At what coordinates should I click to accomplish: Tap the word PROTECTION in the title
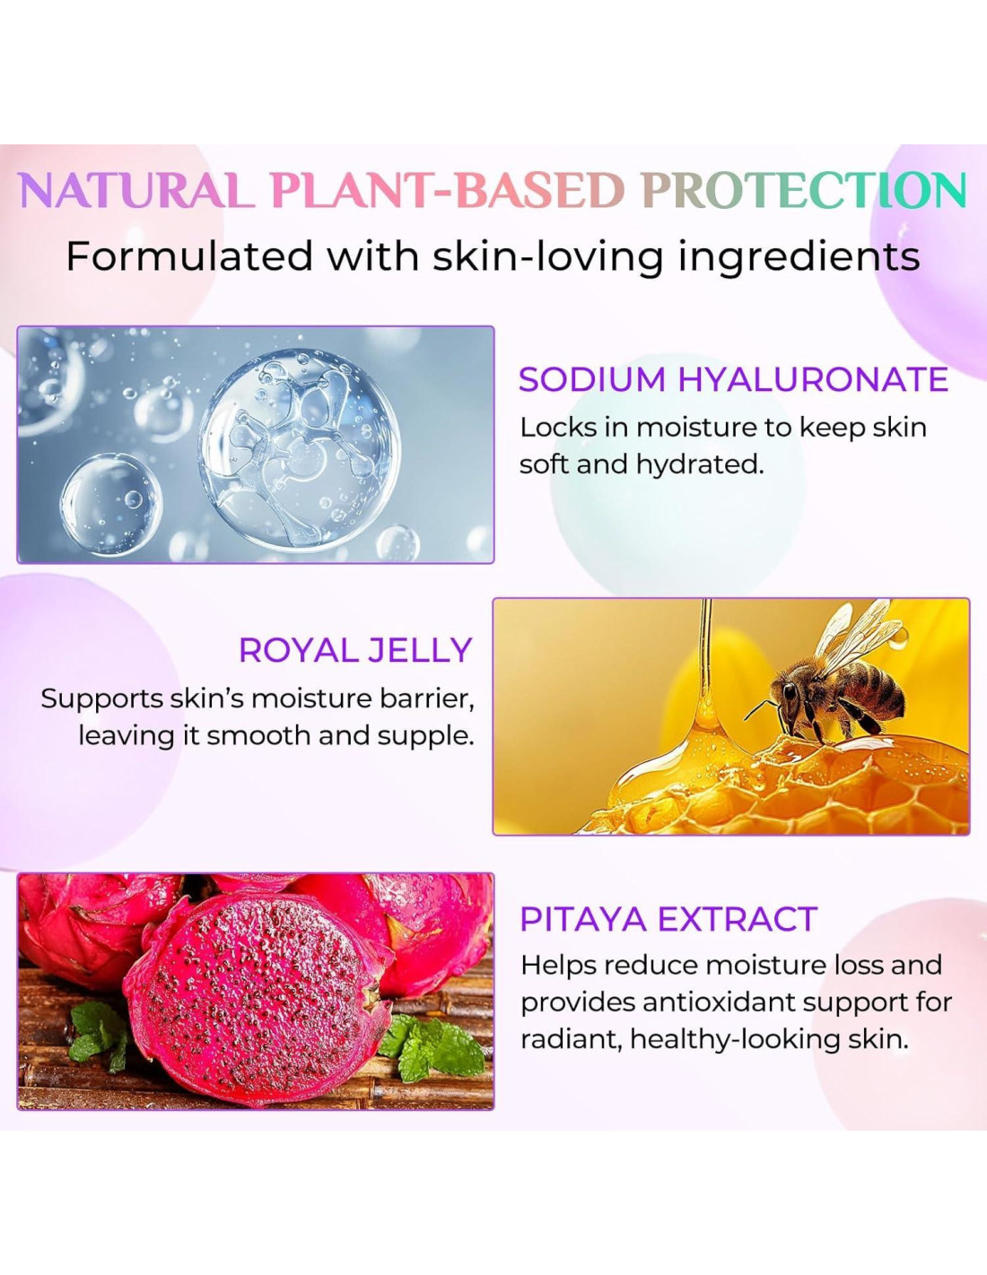click(804, 191)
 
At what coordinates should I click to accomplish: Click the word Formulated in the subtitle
click(189, 256)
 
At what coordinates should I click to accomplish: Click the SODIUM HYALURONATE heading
click(733, 379)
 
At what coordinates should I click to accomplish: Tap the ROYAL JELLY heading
click(356, 649)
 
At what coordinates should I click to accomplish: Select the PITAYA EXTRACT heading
click(668, 919)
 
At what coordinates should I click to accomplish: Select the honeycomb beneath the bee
click(781, 786)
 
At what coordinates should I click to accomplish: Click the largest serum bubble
click(300, 450)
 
